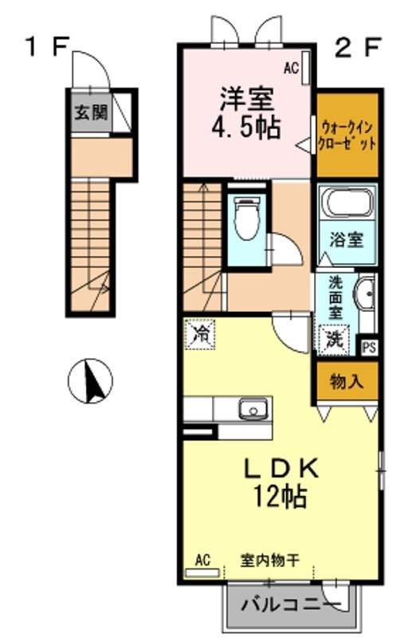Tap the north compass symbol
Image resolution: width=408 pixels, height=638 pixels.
(x=90, y=381)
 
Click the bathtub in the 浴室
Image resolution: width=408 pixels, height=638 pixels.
(x=347, y=203)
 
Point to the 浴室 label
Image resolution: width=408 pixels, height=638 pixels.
(x=346, y=241)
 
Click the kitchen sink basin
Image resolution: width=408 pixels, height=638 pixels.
(x=253, y=408)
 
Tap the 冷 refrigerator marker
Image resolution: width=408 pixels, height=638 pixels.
(x=200, y=334)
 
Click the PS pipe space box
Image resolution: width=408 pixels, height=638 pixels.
(x=369, y=348)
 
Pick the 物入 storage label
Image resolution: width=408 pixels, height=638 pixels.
(x=347, y=382)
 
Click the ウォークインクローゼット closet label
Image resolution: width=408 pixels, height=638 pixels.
(x=347, y=136)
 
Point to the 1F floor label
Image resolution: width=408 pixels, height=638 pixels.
(x=48, y=46)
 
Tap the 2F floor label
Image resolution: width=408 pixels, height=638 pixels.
(x=358, y=47)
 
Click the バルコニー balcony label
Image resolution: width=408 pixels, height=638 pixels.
(x=292, y=605)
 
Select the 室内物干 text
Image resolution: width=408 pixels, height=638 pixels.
(x=270, y=561)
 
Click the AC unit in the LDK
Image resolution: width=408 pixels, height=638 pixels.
(x=202, y=573)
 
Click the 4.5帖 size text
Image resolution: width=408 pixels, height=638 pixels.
(x=246, y=127)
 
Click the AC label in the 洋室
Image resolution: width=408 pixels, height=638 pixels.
(x=291, y=68)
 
